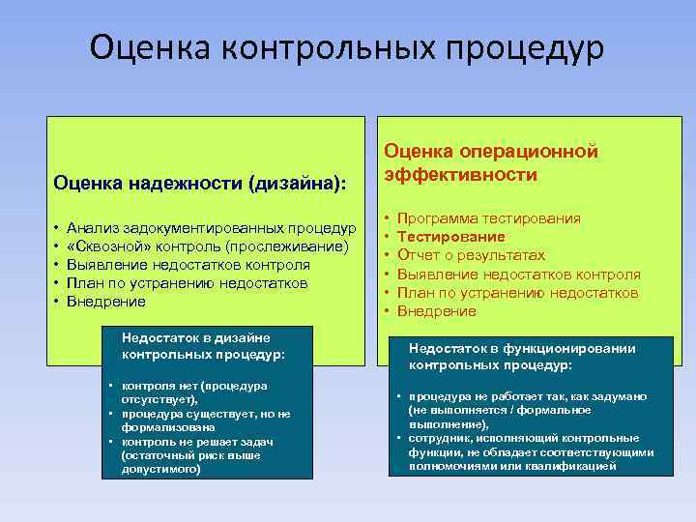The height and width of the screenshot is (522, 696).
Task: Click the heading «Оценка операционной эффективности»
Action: pyautogui.click(x=492, y=162)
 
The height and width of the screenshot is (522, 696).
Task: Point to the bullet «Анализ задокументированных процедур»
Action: pyautogui.click(x=212, y=228)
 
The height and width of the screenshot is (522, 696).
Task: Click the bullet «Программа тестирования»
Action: pyautogui.click(x=489, y=218)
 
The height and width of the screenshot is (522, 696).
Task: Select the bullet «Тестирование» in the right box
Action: pyautogui.click(x=450, y=237)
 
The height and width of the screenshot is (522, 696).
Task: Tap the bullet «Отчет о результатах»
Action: pyautogui.click(x=471, y=255)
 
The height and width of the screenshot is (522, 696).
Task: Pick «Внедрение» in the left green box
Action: pyautogui.click(x=106, y=302)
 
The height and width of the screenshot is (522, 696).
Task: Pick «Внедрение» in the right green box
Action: pyautogui.click(x=437, y=311)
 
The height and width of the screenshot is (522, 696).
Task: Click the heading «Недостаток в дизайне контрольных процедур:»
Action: pyautogui.click(x=203, y=345)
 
